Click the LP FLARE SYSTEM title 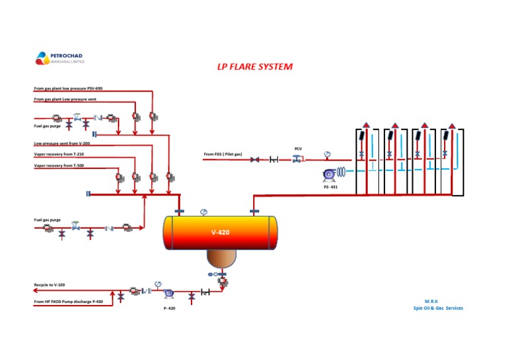tap(255, 67)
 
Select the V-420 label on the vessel tap(220, 233)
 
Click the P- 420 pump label tap(170, 308)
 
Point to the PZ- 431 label tap(331, 187)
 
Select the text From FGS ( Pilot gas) tap(223, 154)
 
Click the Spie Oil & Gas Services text tap(438, 308)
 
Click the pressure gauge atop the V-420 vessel tap(203, 212)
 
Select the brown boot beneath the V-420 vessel tap(221, 258)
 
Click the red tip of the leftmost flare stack tap(365, 125)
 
